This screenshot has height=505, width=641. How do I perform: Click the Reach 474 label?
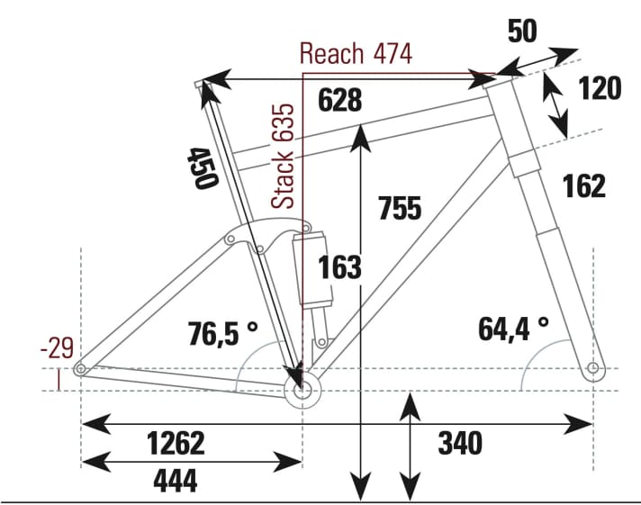point(356,54)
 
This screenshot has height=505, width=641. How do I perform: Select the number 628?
point(339,101)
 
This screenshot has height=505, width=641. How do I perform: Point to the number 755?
point(400,208)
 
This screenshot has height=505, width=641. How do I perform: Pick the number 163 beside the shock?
point(339,267)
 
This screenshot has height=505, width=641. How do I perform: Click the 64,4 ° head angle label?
point(513,328)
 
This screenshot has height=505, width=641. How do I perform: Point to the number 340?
point(460,442)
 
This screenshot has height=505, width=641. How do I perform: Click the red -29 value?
point(59,347)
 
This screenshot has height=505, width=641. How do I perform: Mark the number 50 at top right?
point(522,32)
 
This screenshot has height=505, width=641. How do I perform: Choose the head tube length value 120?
point(599,88)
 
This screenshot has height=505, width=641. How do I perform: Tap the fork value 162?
point(583,185)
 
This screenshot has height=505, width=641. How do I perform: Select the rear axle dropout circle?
point(81,369)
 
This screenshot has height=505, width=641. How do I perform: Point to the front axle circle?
point(592,368)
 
